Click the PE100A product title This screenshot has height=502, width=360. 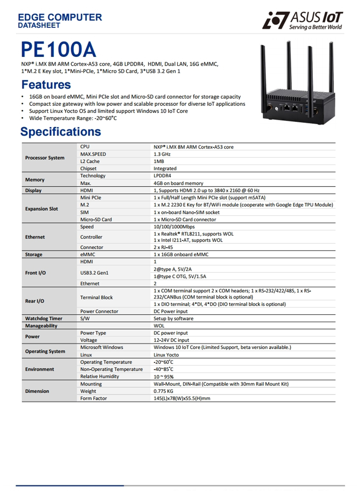(59, 50)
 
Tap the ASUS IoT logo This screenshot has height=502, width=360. (302, 20)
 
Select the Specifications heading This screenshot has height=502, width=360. (61, 132)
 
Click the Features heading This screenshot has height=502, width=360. (46, 85)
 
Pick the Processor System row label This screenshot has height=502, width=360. (45, 158)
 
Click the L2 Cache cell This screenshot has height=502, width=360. (90, 161)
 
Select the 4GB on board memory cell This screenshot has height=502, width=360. (178, 183)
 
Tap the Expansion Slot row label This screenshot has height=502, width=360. (41, 209)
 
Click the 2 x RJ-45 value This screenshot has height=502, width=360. (164, 247)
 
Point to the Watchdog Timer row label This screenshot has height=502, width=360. (44, 318)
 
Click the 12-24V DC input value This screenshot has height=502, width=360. (171, 340)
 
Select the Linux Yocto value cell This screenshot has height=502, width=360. (166, 355)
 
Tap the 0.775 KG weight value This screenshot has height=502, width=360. (163, 391)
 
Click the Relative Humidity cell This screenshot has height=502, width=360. (100, 376)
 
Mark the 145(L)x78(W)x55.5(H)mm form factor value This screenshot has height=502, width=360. (182, 398)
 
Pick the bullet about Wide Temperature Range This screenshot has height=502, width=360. (73, 118)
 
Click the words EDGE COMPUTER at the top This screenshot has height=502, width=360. (60, 18)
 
